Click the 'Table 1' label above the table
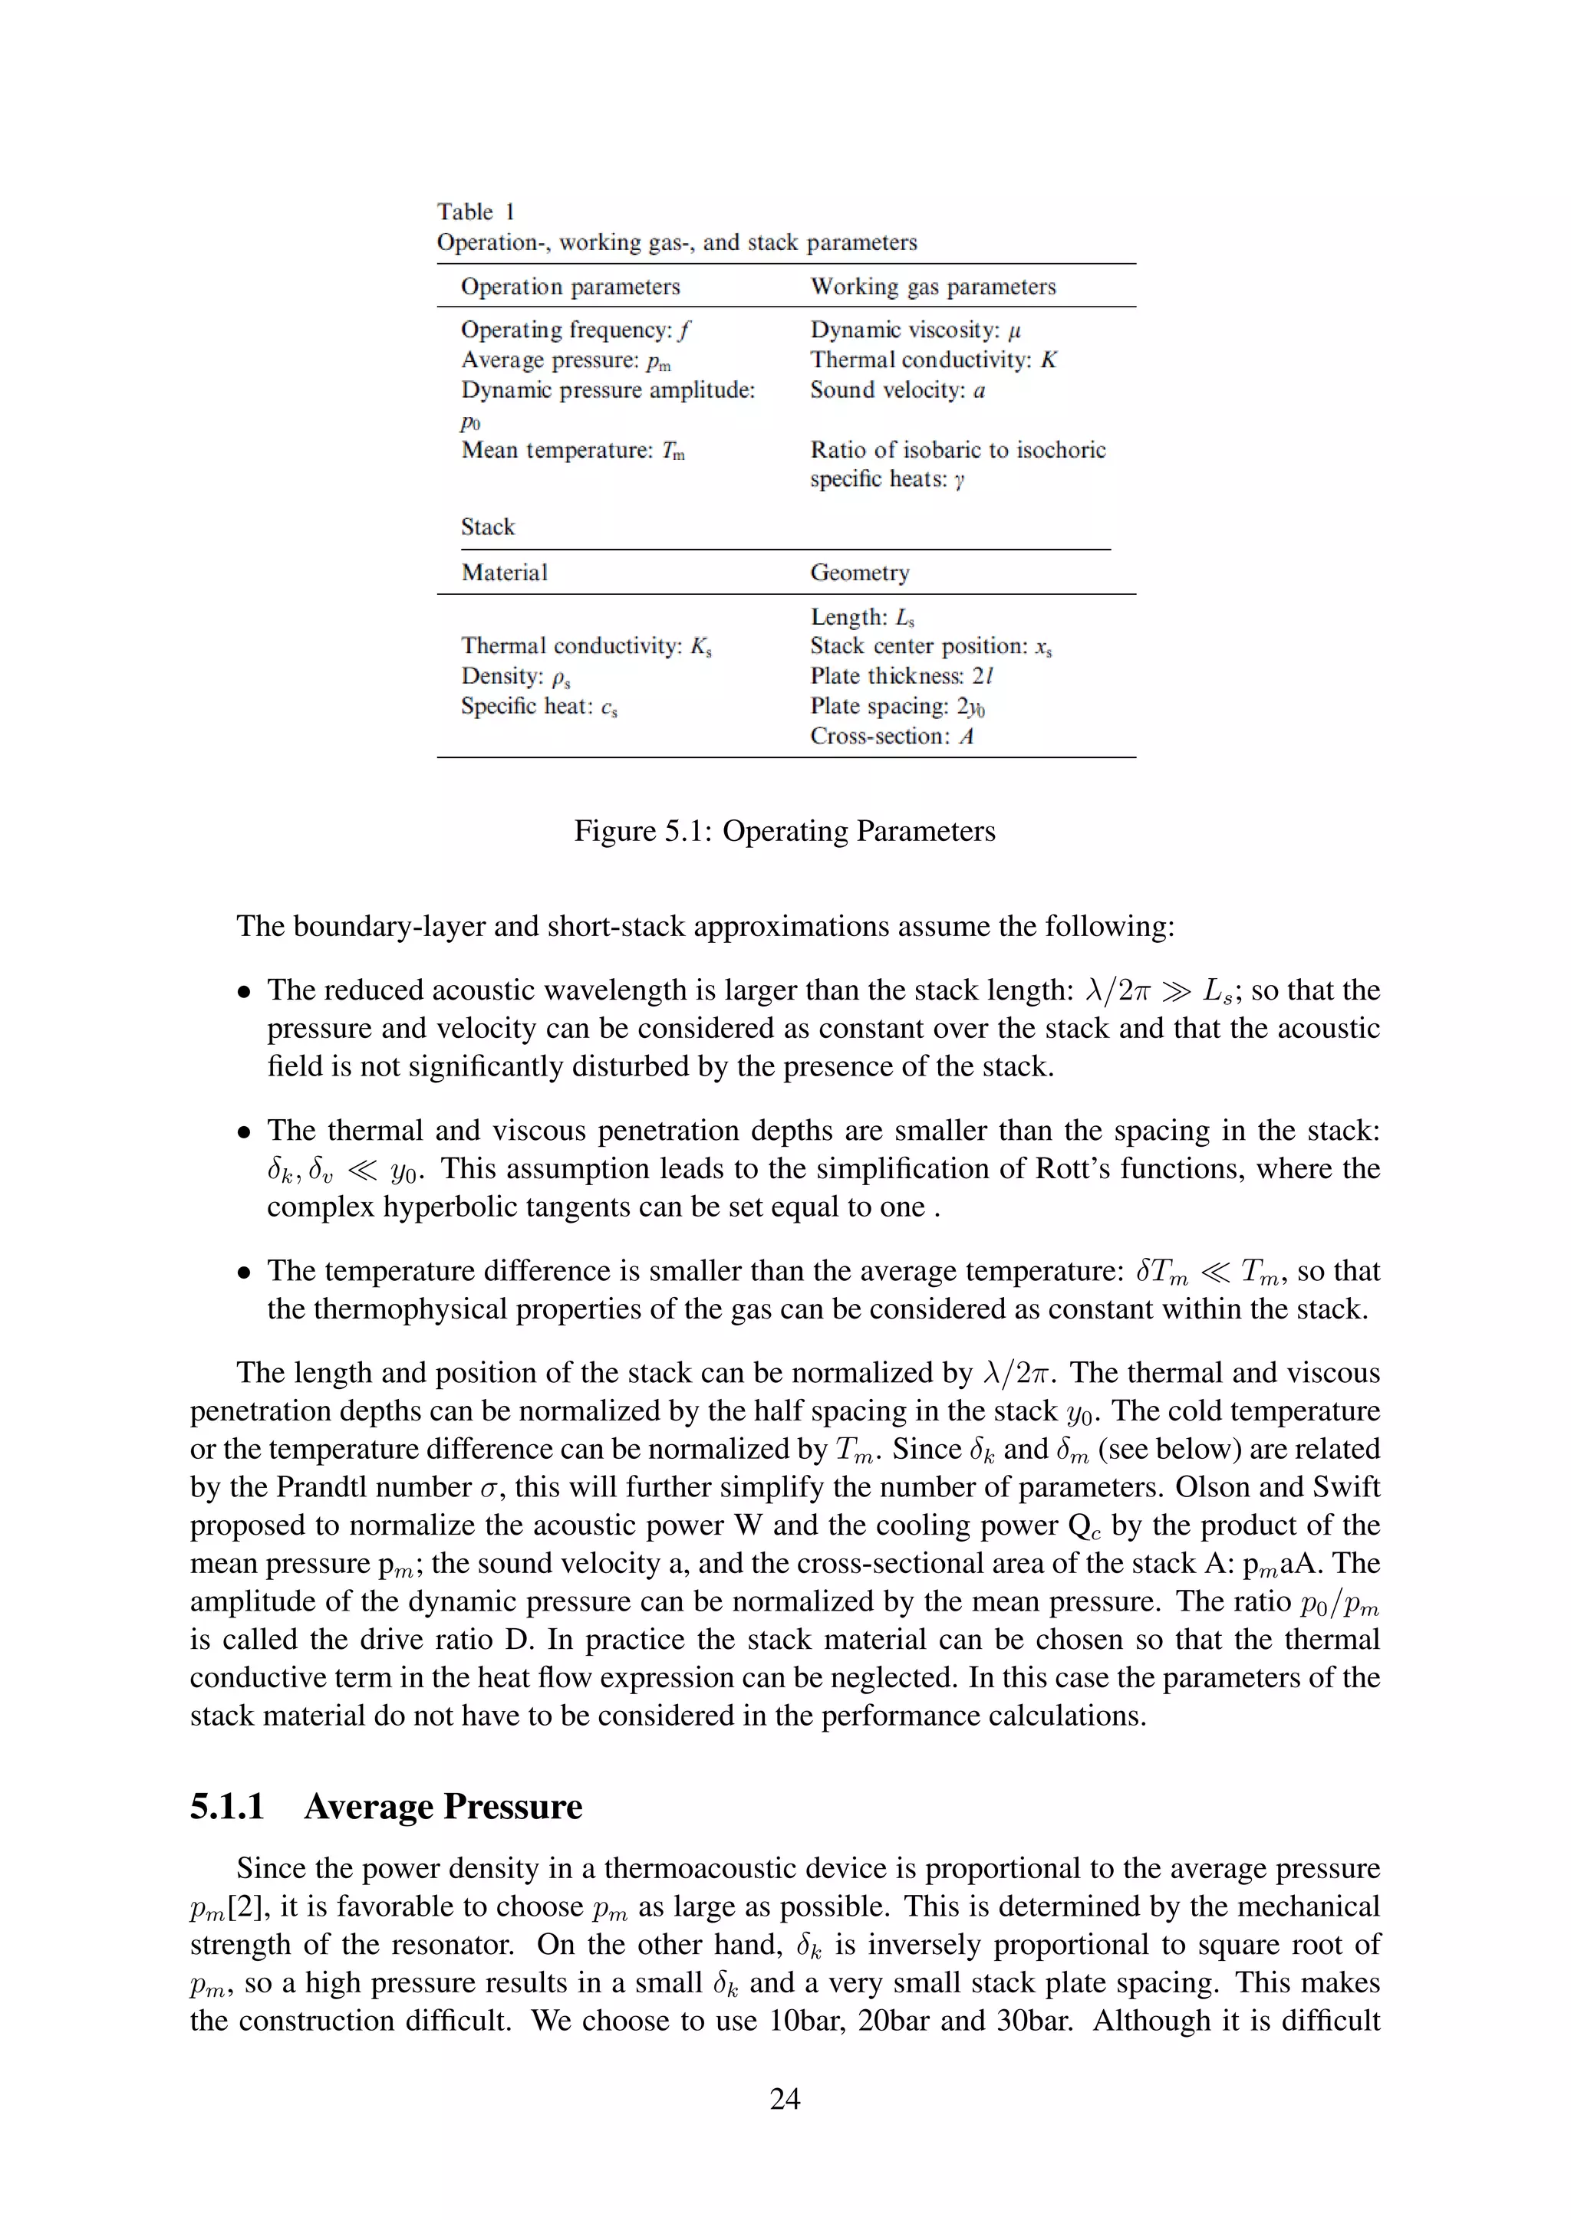475,212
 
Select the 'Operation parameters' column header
570,287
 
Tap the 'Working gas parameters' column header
933,287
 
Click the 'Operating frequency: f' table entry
575,330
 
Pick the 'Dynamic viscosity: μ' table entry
915,330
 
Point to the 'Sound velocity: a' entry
897,391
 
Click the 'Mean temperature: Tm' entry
573,451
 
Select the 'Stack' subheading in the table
488,527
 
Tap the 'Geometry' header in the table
859,573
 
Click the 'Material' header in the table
504,573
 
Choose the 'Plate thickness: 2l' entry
901,676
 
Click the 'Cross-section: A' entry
891,736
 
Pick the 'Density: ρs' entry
515,676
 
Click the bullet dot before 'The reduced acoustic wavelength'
245,991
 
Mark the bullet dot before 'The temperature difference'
245,1272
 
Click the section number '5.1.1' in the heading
227,1806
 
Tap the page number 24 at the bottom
785,2098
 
